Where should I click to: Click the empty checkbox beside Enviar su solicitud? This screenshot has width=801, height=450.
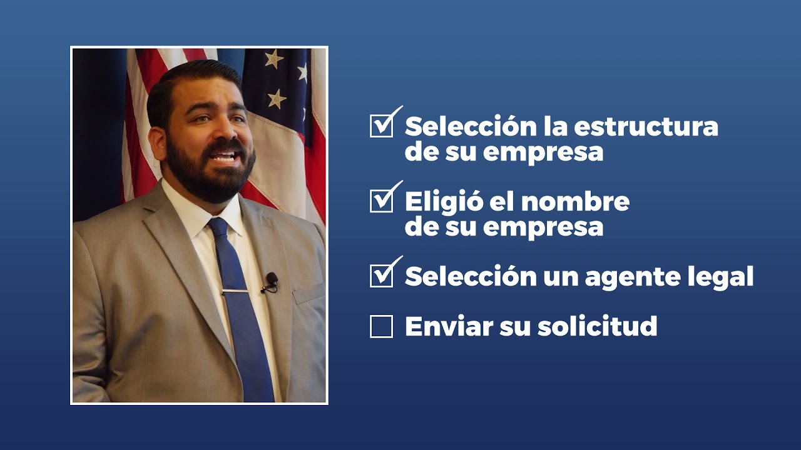click(x=381, y=326)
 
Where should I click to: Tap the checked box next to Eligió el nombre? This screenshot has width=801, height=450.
click(x=381, y=201)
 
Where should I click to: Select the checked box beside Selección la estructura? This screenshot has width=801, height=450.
click(x=381, y=126)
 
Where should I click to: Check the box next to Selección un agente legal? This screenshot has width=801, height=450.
click(x=381, y=276)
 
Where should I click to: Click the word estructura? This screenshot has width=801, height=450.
click(x=646, y=126)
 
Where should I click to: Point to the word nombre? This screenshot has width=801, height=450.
click(x=575, y=201)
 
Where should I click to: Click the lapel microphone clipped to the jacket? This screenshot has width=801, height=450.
click(x=272, y=280)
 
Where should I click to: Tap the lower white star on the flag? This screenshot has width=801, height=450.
click(x=276, y=98)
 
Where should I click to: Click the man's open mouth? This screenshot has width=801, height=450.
click(x=224, y=156)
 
